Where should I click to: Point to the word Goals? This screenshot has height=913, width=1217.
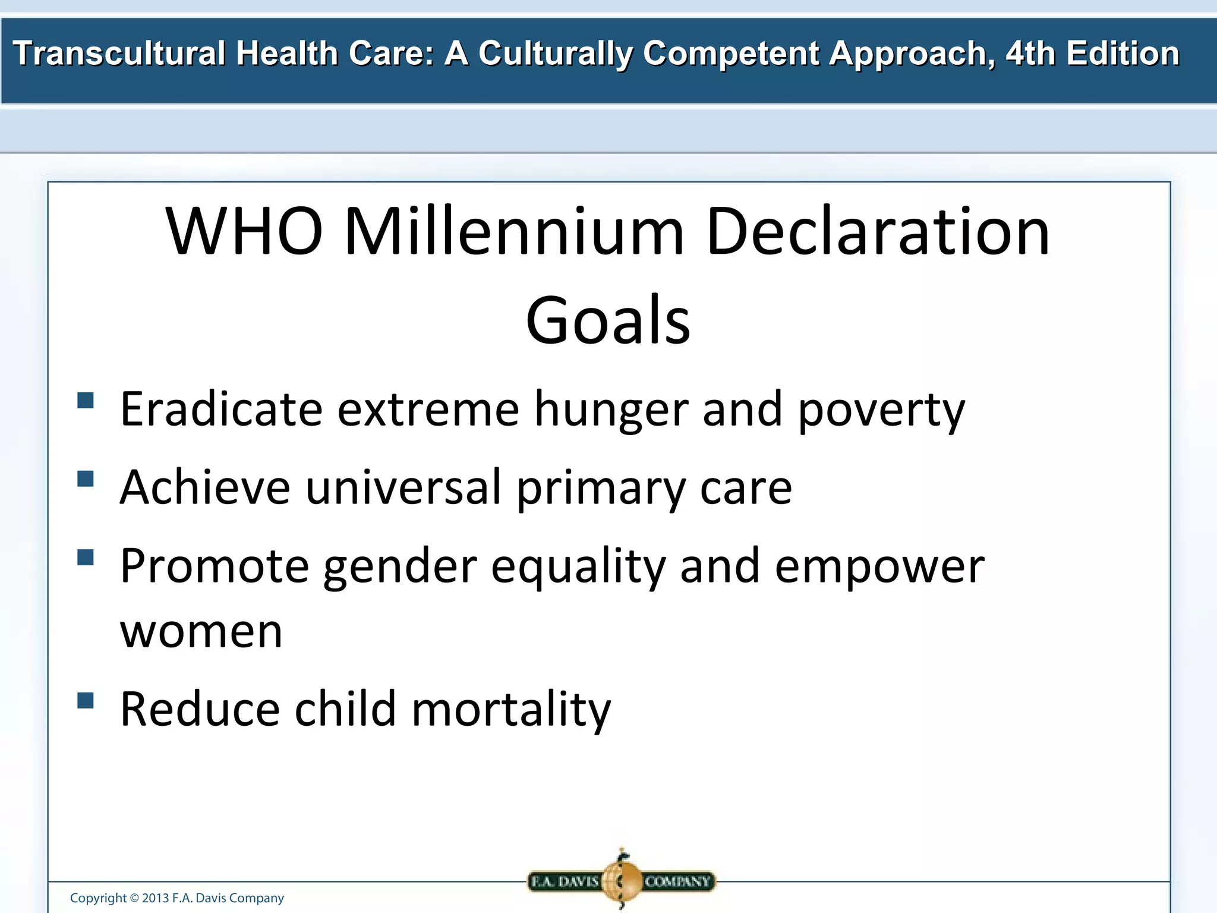coord(608,321)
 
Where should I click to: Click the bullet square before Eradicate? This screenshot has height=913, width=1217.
coord(86,400)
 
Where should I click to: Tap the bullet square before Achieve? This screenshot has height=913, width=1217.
coord(86,478)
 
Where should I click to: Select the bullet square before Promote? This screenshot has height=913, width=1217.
coord(86,557)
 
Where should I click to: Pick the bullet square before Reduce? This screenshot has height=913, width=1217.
coord(86,701)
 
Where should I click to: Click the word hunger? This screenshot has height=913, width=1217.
coord(611,410)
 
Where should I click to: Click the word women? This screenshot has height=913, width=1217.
coord(201,632)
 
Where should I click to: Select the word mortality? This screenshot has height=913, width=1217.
coord(511,710)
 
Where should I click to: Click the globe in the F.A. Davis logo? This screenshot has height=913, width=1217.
coord(622,880)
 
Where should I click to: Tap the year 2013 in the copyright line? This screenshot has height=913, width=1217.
coord(155,898)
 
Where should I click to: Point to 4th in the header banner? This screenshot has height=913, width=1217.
coord(1031,53)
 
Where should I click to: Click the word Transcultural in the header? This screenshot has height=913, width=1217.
coord(119,53)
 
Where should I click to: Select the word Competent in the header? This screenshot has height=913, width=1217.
coord(731,53)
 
